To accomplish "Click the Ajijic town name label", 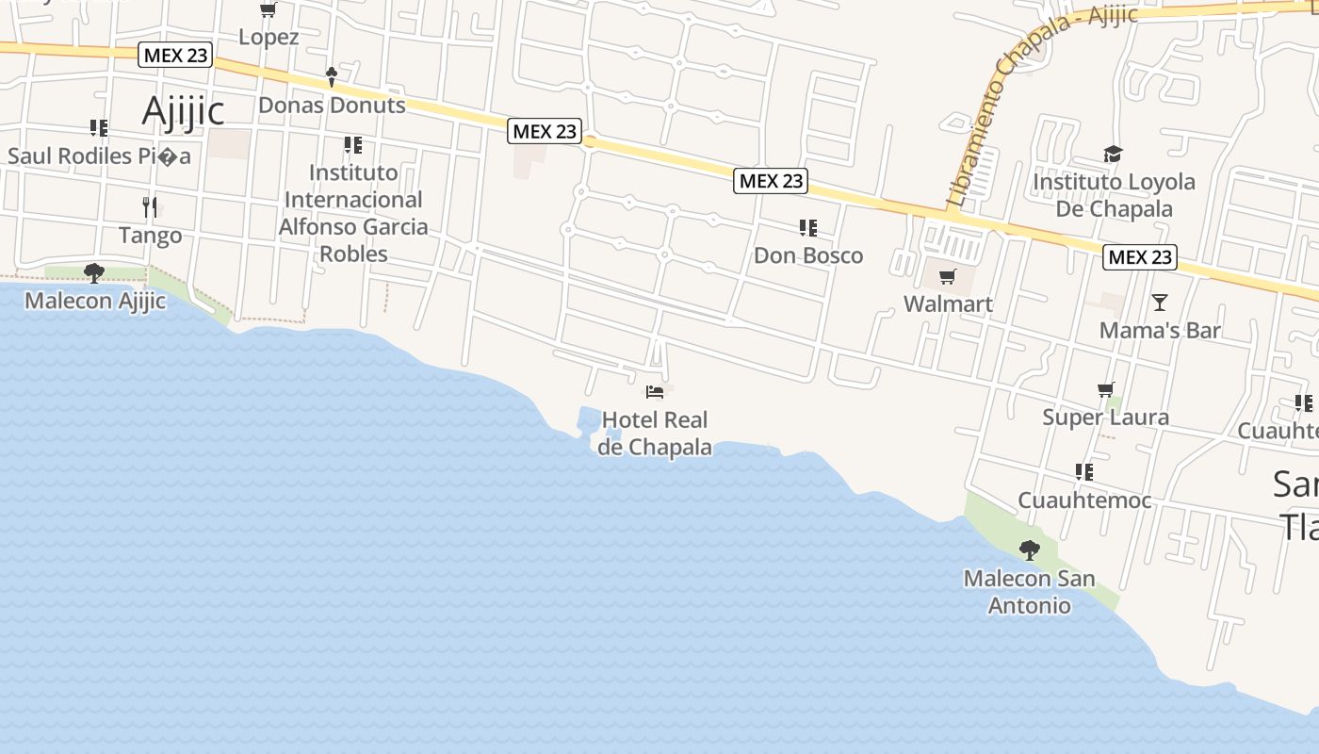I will (x=183, y=111).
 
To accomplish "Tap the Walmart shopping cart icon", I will (x=947, y=276).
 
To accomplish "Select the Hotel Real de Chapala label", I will (x=655, y=433).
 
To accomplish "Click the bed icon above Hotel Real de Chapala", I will (x=655, y=391).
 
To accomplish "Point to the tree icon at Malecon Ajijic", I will (x=93, y=273).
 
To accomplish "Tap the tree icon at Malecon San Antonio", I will (x=1029, y=549).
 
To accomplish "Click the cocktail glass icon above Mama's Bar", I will (x=1159, y=303).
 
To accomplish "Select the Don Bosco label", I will (x=807, y=255).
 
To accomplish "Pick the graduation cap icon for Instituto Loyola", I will (x=1113, y=154).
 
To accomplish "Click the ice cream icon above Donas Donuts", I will (x=331, y=76).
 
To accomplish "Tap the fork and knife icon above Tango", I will (x=149, y=206).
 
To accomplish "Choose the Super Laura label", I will (x=1105, y=417).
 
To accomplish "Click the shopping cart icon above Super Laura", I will (x=1105, y=389).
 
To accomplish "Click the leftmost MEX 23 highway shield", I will (x=175, y=55).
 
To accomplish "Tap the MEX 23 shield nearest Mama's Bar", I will (x=1140, y=256).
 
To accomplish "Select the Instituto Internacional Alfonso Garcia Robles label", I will (x=353, y=213).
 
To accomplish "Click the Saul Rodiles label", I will (x=99, y=156).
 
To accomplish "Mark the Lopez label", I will (x=269, y=38).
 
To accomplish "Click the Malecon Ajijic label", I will (x=94, y=301).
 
